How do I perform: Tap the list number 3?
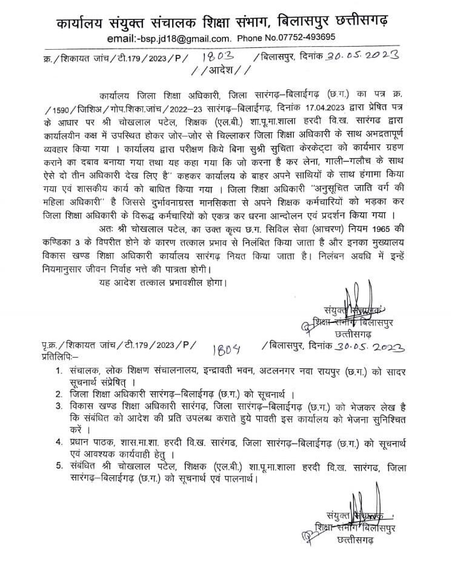click(58, 405)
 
